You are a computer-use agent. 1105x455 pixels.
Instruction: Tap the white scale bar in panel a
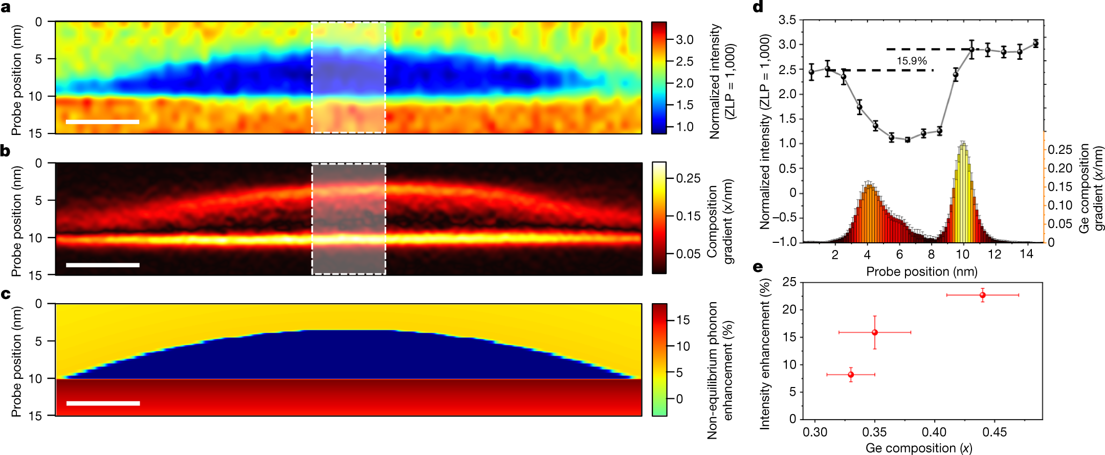click(x=102, y=122)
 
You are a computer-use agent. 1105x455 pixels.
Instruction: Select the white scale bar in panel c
click(x=103, y=403)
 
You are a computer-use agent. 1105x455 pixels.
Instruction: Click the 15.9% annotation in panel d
click(x=911, y=61)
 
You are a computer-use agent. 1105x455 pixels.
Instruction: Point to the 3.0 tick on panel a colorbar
click(x=684, y=40)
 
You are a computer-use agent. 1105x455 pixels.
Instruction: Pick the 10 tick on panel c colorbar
click(x=683, y=346)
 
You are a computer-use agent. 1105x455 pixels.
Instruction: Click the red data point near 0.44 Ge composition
click(x=982, y=295)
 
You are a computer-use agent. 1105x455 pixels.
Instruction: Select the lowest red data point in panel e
click(x=851, y=375)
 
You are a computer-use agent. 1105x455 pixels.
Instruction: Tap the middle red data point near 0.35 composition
click(x=875, y=332)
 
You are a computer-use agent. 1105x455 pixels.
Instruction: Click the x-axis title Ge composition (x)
click(x=918, y=448)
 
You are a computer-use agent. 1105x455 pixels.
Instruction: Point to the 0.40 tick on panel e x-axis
click(x=934, y=433)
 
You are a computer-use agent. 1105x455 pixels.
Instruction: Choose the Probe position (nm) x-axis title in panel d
click(x=921, y=271)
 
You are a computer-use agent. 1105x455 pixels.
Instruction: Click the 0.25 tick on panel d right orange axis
click(x=1059, y=150)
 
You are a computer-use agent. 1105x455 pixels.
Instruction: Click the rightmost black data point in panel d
click(x=1035, y=43)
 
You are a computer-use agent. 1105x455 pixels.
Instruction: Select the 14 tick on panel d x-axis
click(x=1026, y=254)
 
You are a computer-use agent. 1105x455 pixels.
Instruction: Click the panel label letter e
click(x=758, y=267)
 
